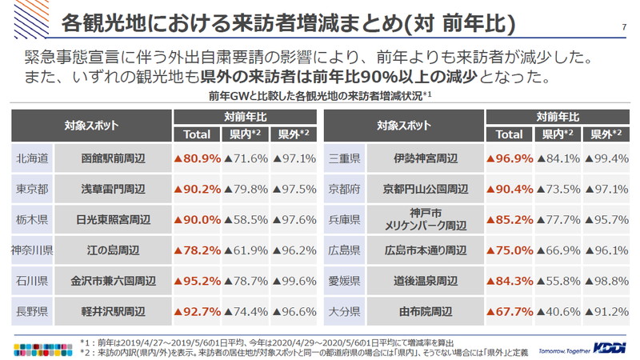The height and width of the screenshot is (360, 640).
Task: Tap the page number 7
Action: [x=623, y=27]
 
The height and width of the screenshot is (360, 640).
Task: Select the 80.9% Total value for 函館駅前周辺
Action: [x=197, y=158]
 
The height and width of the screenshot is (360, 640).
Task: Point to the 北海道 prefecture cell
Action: [x=33, y=158]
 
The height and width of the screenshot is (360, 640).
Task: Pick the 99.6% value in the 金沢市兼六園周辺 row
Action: [x=293, y=281]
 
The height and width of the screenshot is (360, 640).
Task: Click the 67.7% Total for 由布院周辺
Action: [x=510, y=310]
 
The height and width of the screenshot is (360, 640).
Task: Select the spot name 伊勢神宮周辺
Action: [x=425, y=158]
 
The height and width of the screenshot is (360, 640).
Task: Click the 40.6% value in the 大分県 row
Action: [x=558, y=310]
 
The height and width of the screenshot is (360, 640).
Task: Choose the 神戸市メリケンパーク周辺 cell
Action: [x=425, y=219]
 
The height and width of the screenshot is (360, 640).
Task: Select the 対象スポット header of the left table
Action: [x=91, y=126]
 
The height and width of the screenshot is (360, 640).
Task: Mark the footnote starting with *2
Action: [x=304, y=351]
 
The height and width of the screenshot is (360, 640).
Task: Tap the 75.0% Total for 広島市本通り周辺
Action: [x=510, y=250]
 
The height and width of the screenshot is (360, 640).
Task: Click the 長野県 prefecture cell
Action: [x=33, y=310]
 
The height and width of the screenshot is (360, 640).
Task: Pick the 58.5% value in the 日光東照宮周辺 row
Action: [x=245, y=219]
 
